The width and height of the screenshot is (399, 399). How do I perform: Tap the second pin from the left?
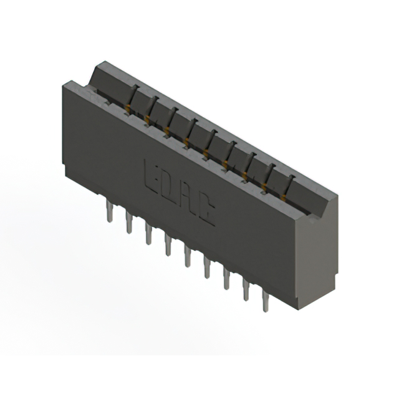coord(129,223)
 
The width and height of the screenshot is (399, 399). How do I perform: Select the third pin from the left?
coord(148,234)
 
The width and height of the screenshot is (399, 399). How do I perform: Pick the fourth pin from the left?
coord(168,245)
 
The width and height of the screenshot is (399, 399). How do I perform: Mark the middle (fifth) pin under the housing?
coord(187,256)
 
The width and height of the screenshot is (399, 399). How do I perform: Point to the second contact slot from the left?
coord(151,108)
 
